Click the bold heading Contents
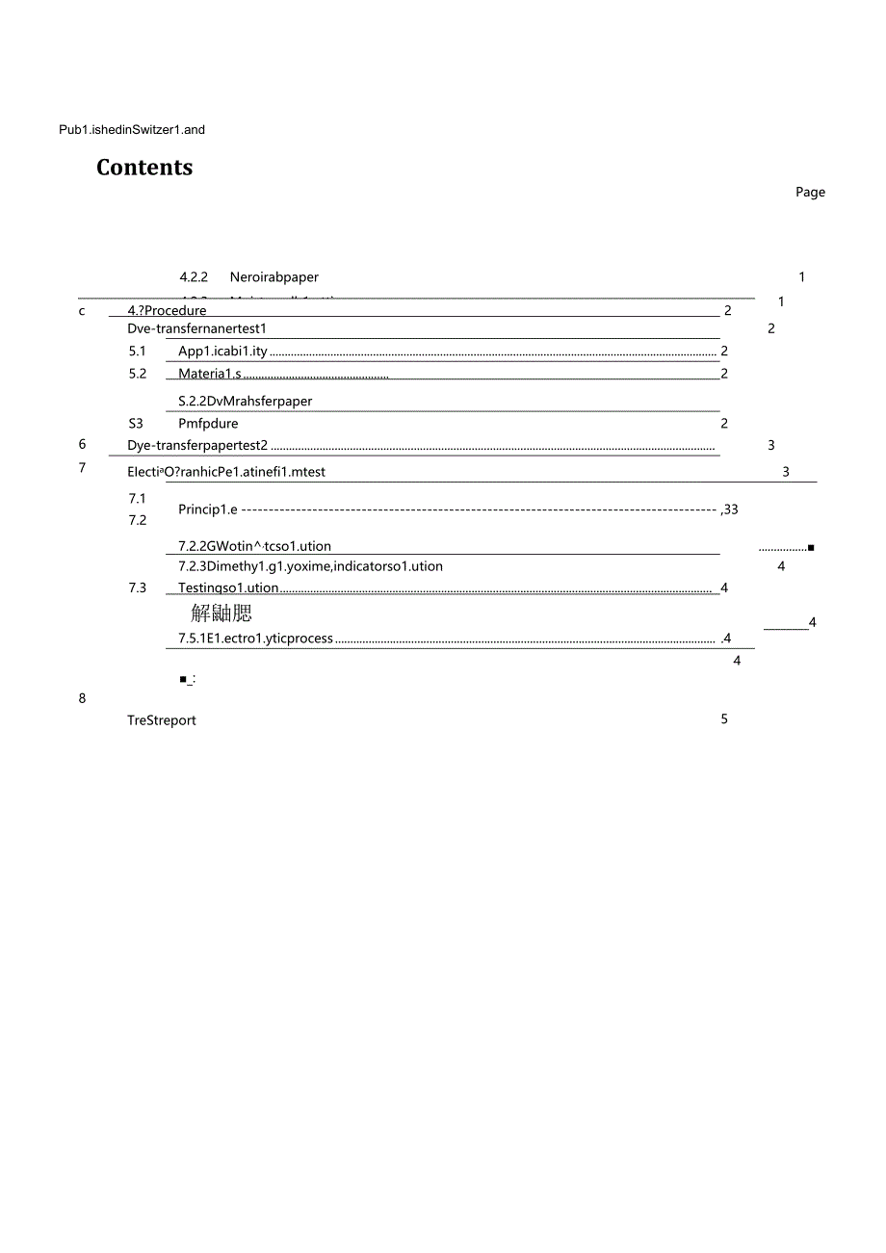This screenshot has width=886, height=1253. (x=144, y=168)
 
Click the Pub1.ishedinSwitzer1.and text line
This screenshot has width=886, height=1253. (x=132, y=130)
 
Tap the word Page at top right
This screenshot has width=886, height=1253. (x=810, y=193)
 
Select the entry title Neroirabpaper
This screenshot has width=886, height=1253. (x=274, y=277)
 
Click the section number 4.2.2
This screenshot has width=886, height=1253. (x=194, y=277)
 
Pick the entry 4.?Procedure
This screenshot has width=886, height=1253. (x=168, y=311)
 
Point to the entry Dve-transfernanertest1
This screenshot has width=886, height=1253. (x=196, y=329)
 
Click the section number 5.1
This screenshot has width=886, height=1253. (x=138, y=352)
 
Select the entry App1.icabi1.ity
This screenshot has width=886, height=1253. (x=222, y=352)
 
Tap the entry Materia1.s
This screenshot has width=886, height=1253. (x=210, y=374)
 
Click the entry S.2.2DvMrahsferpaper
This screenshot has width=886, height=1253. (x=245, y=402)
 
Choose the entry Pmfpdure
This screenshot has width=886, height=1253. (x=208, y=424)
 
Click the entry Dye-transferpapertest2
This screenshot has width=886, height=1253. (x=196, y=446)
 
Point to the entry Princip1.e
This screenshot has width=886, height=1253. (x=207, y=509)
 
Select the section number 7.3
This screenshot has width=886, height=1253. (x=138, y=587)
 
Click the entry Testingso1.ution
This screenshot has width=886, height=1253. (x=228, y=588)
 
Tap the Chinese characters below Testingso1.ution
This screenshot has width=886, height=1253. (x=221, y=613)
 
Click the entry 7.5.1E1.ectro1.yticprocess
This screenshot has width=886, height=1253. (x=255, y=639)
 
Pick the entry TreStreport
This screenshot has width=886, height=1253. (x=162, y=720)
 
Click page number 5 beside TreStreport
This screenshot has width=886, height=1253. (x=724, y=719)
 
